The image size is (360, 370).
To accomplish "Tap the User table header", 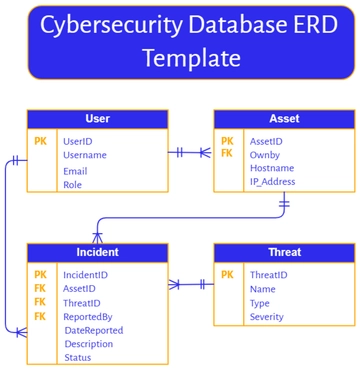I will click(98, 119).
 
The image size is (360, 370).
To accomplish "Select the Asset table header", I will click(284, 119).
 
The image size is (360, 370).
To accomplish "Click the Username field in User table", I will click(85, 155).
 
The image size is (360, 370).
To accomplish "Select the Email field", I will click(75, 171).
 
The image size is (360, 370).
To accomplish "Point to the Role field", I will click(73, 185).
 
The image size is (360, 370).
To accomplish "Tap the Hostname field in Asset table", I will click(272, 169).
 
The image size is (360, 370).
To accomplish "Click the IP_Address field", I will click(273, 182).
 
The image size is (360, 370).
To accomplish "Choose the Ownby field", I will click(265, 155).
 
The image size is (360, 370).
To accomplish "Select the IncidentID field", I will click(86, 274).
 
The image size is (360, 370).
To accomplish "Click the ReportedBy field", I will click(88, 316).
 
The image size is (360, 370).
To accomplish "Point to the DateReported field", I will click(94, 330).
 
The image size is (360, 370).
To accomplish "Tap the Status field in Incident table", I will click(78, 357).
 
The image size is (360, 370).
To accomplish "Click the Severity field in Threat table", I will click(267, 317).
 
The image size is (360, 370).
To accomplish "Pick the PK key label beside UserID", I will click(40, 142).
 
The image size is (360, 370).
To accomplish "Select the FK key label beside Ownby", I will click(227, 154).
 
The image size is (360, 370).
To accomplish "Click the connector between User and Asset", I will click(190, 153).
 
